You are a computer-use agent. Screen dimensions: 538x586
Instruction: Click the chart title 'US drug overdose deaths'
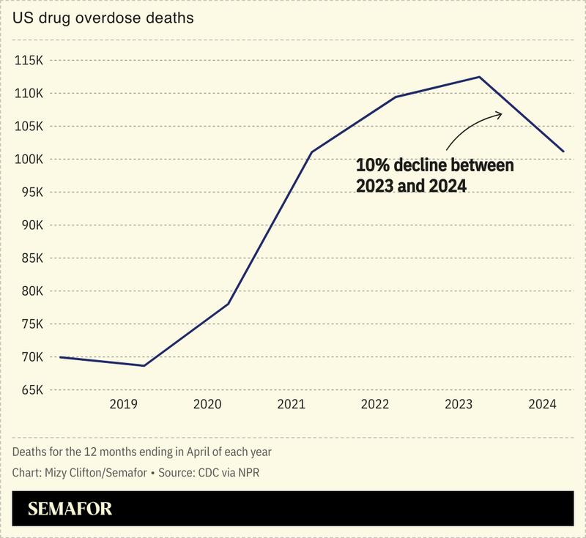pos(103,18)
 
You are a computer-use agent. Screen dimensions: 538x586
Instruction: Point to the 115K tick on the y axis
pos(29,61)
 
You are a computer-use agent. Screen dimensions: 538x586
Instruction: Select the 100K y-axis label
pos(29,160)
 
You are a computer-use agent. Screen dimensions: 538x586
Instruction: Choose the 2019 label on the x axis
pos(123,404)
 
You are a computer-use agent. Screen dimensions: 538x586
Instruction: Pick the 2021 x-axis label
pos(291,404)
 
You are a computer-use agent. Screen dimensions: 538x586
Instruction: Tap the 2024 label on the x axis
pos(543,404)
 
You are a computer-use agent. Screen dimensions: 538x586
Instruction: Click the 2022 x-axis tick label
pos(374,404)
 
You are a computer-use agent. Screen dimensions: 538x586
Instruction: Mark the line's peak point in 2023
pos(479,77)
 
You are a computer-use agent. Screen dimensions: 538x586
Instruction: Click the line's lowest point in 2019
pos(144,365)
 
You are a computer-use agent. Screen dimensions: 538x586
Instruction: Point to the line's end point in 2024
pos(563,152)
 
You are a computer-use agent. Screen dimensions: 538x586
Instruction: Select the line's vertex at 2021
pos(312,152)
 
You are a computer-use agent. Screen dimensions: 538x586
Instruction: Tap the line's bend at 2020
pos(228,304)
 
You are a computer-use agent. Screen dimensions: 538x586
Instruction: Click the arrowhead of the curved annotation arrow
pos(501,113)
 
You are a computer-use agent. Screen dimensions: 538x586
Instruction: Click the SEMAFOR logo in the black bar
pos(70,509)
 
